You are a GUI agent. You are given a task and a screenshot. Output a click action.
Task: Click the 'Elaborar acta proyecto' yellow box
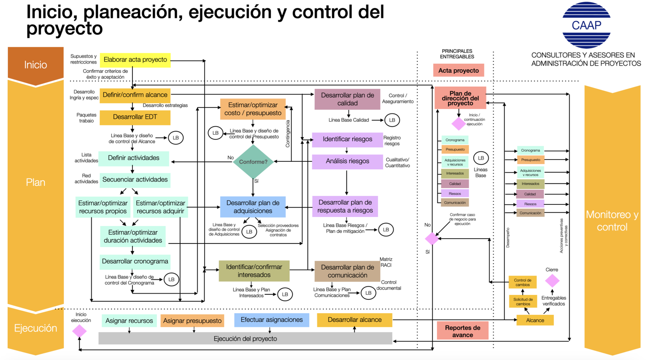[135, 60]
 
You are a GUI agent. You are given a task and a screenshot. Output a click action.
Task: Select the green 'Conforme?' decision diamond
[253, 162]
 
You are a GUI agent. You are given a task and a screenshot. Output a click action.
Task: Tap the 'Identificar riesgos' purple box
[347, 139]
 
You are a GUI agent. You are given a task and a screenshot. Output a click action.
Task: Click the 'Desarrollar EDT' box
[135, 117]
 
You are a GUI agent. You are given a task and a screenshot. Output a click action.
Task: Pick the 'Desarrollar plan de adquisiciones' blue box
[253, 207]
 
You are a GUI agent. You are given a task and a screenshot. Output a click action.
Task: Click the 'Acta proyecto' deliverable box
[458, 70]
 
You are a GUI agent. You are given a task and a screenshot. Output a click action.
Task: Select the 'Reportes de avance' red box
[463, 331]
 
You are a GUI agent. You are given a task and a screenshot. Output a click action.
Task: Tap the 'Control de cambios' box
[522, 282]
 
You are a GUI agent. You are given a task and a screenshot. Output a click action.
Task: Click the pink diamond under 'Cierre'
[552, 281]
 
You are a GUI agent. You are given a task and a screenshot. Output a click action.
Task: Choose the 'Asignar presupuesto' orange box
[192, 321]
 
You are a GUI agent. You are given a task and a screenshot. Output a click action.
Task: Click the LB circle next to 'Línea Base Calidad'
[392, 120]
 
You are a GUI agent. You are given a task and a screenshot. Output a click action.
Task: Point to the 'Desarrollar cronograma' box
[135, 261]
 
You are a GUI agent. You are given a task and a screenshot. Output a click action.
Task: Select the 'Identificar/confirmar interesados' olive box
[254, 271]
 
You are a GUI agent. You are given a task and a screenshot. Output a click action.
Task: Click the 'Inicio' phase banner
[35, 65]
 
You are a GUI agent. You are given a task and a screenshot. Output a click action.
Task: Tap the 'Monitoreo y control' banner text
[612, 221]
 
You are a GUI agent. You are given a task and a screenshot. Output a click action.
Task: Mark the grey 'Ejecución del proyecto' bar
[245, 338]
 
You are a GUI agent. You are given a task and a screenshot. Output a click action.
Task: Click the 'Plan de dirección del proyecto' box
[460, 98]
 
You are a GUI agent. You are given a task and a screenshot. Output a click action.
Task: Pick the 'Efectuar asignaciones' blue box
[271, 320]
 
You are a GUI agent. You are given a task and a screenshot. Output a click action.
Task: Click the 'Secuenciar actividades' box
[135, 180]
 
